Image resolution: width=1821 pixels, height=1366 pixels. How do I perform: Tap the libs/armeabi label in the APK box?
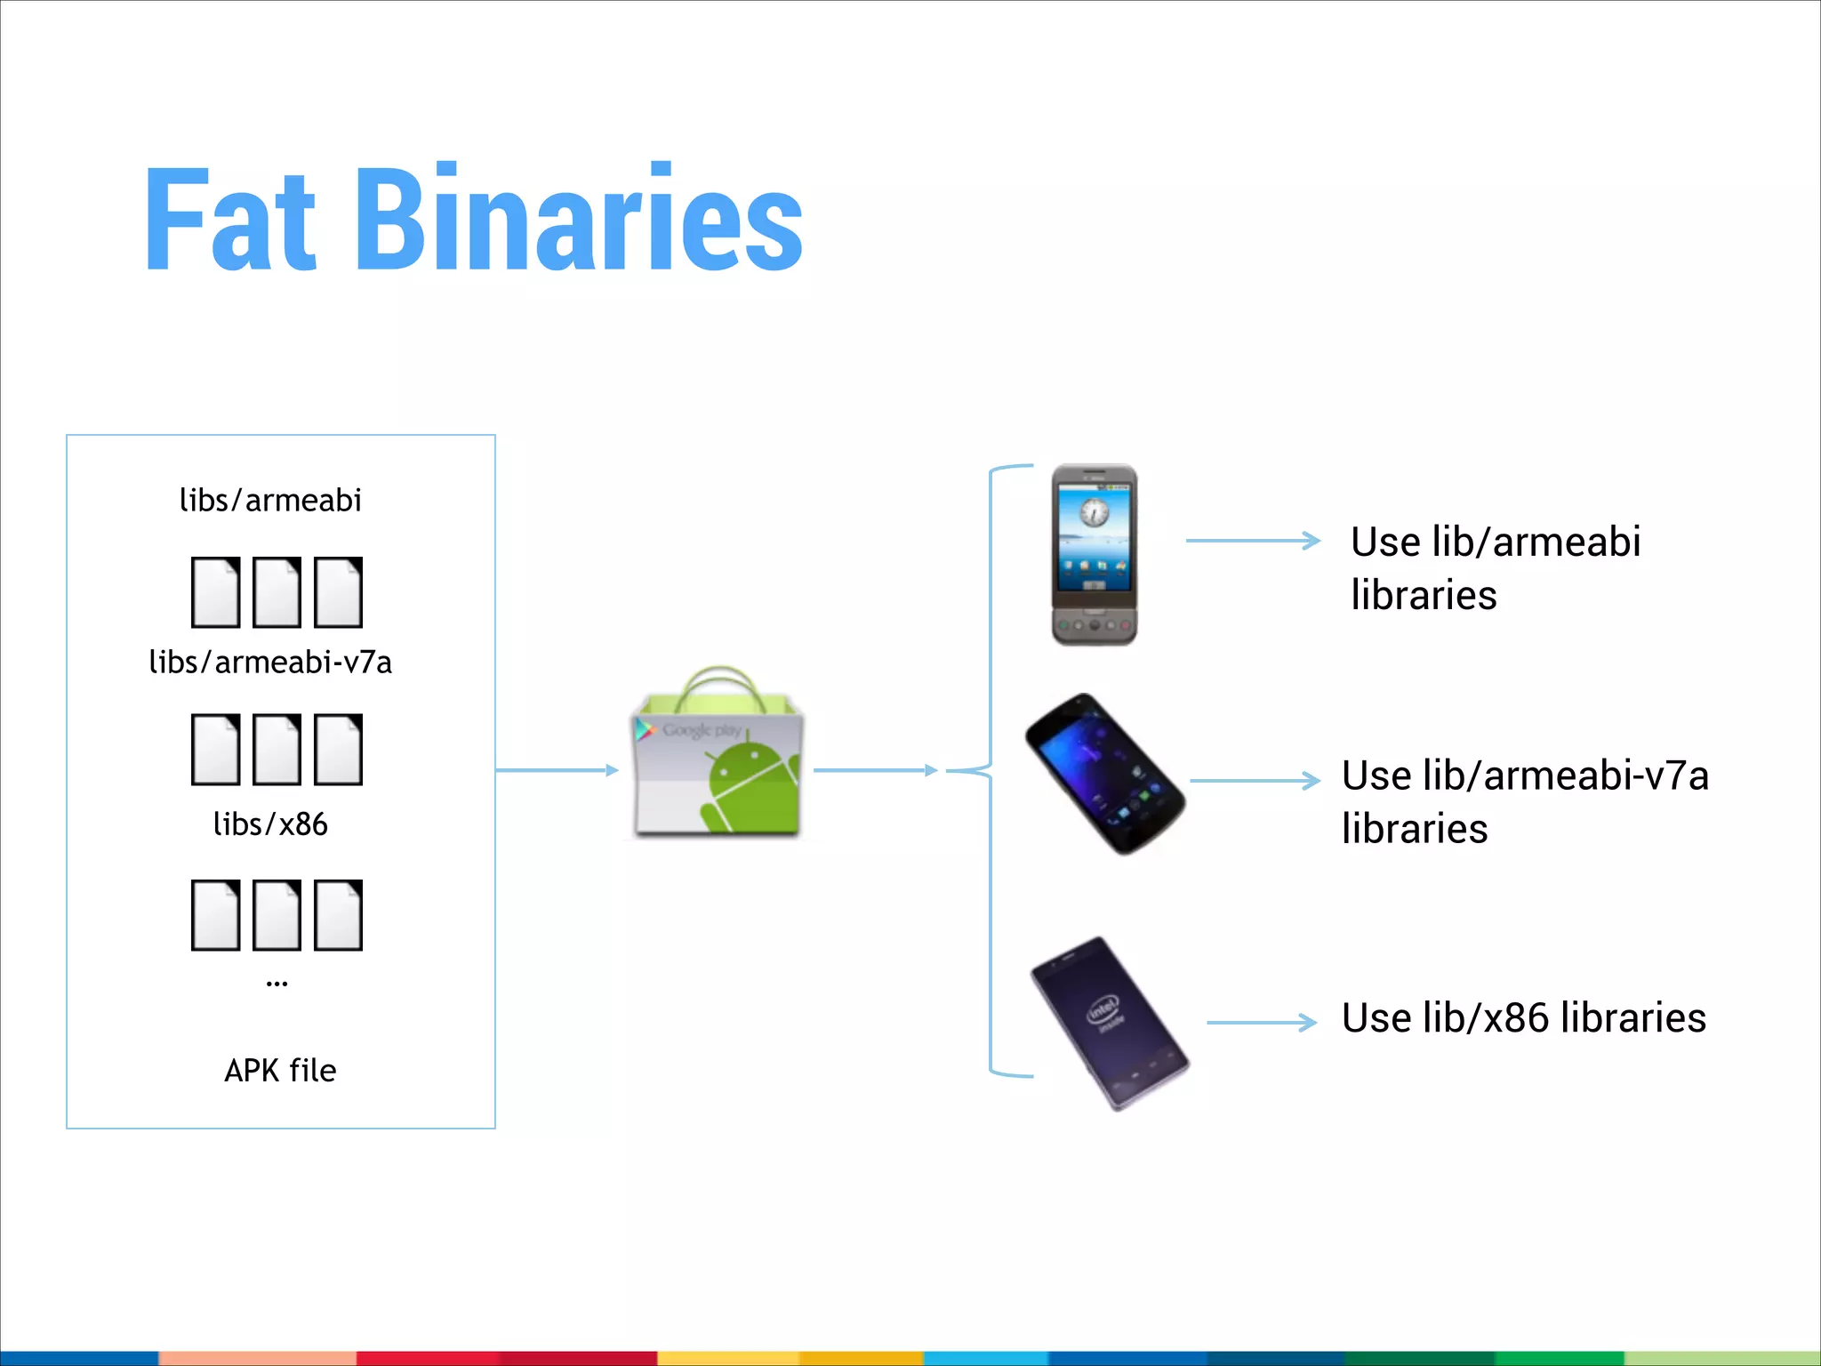270,501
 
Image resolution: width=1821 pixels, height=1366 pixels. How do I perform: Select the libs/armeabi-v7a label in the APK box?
270,663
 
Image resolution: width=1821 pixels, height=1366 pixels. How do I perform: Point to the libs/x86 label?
270,824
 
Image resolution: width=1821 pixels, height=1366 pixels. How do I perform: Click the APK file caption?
280,1070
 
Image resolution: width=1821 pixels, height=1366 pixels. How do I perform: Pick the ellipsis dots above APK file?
277,984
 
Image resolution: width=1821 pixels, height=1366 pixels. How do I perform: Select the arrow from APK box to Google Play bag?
557,770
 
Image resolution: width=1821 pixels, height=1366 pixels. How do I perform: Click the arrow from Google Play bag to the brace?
876,770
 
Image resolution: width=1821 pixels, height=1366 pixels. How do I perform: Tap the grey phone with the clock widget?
1095,554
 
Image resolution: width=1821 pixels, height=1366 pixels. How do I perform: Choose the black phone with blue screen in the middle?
1105,774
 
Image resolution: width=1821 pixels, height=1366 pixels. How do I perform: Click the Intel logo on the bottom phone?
1103,1011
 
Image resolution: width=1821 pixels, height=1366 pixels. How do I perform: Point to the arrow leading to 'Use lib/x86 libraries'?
1261,1023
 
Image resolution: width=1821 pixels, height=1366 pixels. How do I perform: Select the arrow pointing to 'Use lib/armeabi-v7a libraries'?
1255,781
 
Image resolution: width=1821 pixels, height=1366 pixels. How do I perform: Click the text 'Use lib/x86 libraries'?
1523,1017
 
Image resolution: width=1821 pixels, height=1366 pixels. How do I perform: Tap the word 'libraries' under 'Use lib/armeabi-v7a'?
1415,829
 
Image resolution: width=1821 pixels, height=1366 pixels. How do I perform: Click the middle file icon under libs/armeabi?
277,592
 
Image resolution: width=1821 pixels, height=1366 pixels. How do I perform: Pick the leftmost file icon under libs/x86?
215,915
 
